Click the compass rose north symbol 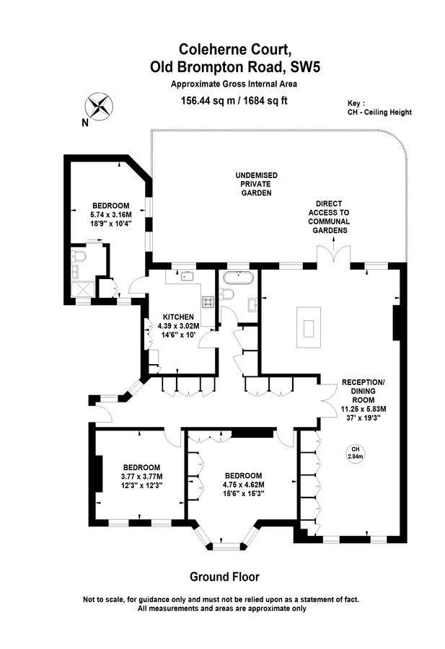click(x=100, y=107)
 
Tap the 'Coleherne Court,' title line click(x=235, y=49)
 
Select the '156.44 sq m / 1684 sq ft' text click(x=234, y=100)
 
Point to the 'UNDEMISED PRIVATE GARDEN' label click(x=257, y=184)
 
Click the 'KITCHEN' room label click(x=178, y=317)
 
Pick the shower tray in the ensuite click(x=83, y=289)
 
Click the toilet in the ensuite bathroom click(x=78, y=257)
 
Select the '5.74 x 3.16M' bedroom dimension click(x=111, y=215)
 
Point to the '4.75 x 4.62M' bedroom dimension click(x=243, y=485)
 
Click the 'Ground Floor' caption click(x=224, y=577)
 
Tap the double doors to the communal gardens click(x=334, y=254)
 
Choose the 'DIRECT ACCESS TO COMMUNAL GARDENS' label click(x=329, y=217)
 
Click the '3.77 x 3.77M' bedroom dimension click(x=141, y=477)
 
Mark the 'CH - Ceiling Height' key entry click(x=379, y=112)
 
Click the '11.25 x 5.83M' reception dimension click(x=364, y=409)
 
